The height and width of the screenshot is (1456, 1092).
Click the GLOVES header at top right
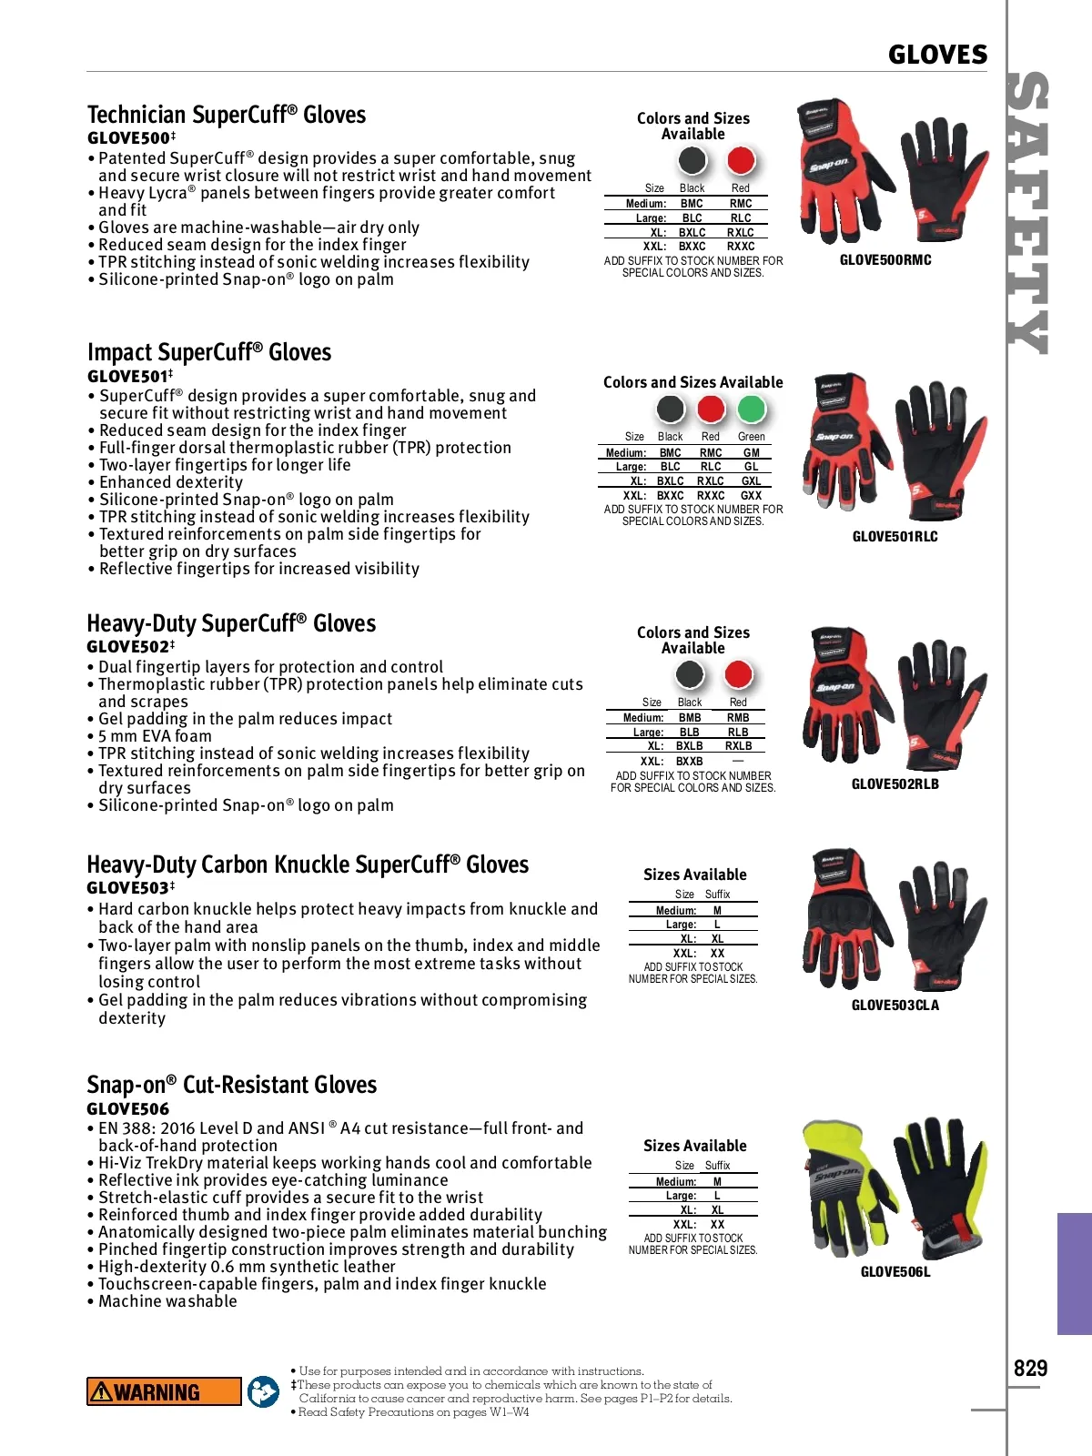point(937,55)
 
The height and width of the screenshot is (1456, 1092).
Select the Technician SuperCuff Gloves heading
point(227,115)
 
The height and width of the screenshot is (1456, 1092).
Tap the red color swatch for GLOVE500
point(742,161)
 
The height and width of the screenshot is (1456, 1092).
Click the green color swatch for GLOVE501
point(751,409)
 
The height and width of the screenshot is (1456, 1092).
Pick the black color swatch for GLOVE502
point(690,675)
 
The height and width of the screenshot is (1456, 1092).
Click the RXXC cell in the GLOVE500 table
point(741,247)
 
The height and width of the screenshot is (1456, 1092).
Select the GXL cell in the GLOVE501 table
point(751,481)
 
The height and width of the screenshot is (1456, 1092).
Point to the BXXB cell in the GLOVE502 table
point(690,762)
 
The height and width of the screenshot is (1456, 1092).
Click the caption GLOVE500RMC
point(885,260)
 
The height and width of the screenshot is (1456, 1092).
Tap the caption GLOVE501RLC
point(895,537)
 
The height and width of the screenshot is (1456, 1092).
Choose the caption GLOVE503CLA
point(895,1006)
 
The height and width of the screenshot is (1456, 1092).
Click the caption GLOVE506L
point(895,1272)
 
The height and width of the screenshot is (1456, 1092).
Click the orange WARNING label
point(164,1391)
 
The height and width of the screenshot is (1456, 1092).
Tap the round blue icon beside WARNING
point(264,1391)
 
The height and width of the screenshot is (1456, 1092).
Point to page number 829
point(1030,1369)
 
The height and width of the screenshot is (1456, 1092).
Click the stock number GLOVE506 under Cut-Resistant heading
point(128,1109)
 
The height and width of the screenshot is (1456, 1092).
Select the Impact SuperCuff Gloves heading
point(209,353)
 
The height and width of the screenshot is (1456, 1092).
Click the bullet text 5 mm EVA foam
point(155,736)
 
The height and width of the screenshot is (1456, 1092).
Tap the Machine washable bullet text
point(167,1301)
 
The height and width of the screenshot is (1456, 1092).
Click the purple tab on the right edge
point(1074,1273)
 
